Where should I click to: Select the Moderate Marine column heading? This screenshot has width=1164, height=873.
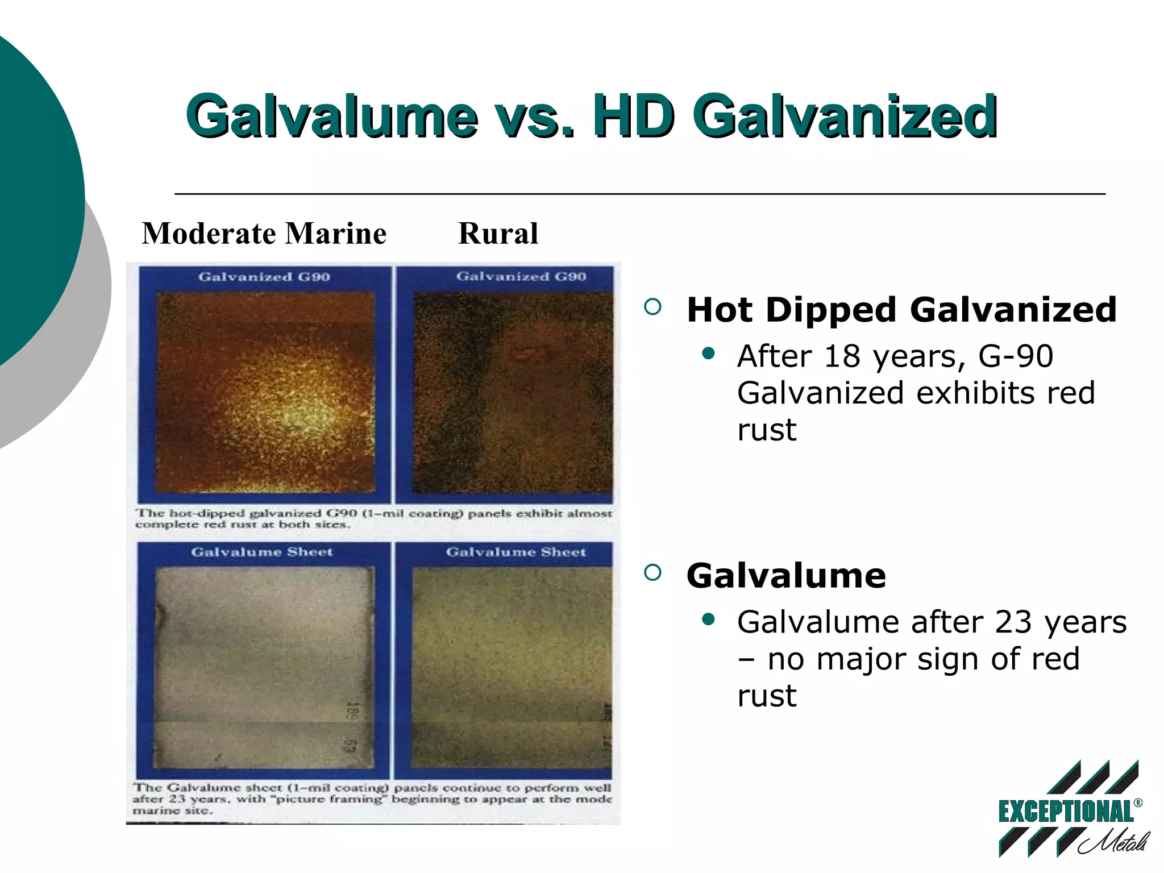tap(264, 234)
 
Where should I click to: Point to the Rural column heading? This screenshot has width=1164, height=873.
tap(498, 234)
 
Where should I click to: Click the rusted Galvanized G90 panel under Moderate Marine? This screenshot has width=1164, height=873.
tap(265, 392)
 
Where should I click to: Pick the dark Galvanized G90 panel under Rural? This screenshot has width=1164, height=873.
tap(513, 392)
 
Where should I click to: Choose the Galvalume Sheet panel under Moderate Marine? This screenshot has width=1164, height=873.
tap(264, 668)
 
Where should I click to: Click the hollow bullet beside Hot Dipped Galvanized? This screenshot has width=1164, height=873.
tap(653, 307)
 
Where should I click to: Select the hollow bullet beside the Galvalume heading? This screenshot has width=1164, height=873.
tap(653, 573)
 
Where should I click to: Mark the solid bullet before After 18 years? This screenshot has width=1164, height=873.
tap(708, 354)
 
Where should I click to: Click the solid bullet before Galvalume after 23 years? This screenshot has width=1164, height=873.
tap(708, 620)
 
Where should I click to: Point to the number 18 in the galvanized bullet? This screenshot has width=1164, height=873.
tap(843, 357)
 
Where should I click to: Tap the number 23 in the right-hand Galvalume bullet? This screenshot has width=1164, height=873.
tap(1013, 622)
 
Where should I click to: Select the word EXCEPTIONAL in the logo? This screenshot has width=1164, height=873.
tap(1065, 812)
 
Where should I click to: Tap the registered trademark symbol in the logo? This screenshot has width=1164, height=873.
tap(1137, 803)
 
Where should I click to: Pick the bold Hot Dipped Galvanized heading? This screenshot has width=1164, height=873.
tap(901, 310)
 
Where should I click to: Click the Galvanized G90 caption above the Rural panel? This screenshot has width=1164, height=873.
tap(521, 277)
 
